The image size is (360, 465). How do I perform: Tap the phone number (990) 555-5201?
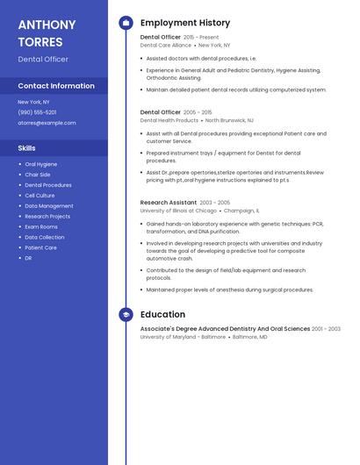[x=37, y=112]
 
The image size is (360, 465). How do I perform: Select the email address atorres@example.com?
[x=47, y=123]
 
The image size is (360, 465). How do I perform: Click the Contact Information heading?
[x=56, y=86]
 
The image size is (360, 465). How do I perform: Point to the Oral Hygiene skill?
[x=41, y=164]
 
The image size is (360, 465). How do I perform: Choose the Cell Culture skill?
[x=40, y=196]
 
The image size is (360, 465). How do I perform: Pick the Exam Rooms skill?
[x=41, y=226]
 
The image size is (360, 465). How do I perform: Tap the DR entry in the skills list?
[x=29, y=258]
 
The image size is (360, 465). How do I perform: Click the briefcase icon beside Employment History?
[x=126, y=23]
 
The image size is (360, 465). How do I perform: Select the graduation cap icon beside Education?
[x=126, y=314]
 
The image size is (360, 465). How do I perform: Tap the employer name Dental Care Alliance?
[x=165, y=45]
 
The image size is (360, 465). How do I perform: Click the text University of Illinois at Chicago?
[x=178, y=211]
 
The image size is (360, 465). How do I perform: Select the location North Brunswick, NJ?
[x=229, y=120]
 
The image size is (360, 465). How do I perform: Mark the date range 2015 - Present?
[x=201, y=38]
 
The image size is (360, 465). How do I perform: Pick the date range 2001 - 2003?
[x=326, y=329]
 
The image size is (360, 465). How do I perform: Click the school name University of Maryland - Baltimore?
[x=183, y=337]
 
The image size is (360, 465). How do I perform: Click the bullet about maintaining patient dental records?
[x=236, y=89]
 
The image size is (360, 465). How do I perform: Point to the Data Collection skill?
[x=44, y=237]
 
